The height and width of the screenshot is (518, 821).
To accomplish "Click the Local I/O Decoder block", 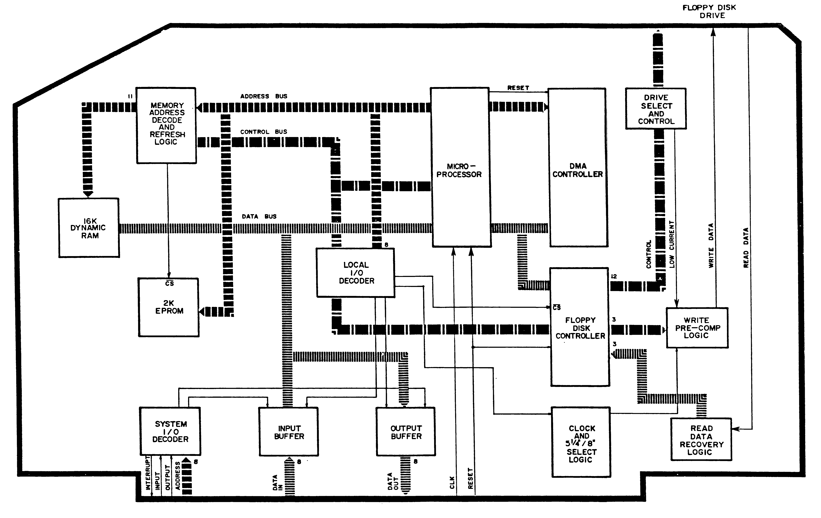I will tap(356, 273).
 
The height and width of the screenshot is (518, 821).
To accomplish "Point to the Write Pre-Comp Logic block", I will tap(697, 328).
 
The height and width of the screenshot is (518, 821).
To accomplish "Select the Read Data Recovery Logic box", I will tap(701, 440).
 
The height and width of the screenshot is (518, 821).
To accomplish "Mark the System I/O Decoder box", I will tap(170, 431).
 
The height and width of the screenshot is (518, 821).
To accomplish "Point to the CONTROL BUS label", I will tap(264, 132).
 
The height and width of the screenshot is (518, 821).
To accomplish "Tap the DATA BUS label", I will tap(259, 216).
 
